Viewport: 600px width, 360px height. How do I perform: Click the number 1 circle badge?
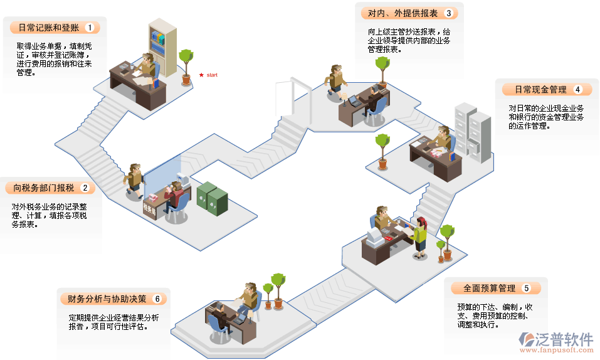click(x=90, y=28)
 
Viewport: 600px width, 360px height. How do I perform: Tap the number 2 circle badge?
click(x=85, y=188)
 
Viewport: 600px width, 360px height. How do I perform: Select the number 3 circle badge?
click(x=448, y=13)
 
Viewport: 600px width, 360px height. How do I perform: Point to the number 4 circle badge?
click(x=577, y=90)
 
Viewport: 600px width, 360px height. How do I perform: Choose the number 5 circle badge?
click(x=527, y=289)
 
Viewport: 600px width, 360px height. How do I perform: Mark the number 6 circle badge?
click(x=157, y=299)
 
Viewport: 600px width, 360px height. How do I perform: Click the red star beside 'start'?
click(x=201, y=75)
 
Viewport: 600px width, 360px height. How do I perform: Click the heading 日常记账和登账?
click(x=48, y=28)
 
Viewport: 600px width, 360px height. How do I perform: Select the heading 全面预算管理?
click(x=490, y=289)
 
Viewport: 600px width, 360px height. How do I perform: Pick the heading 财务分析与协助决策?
click(x=103, y=299)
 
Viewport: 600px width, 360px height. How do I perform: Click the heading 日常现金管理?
click(x=540, y=90)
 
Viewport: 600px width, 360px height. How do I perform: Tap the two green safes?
click(x=213, y=196)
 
